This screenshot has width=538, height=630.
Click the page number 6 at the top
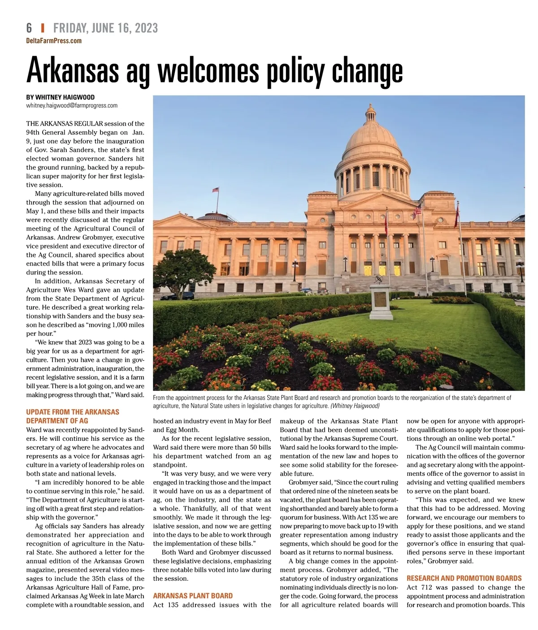click(x=29, y=28)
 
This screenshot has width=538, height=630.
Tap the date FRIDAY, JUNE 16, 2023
click(x=105, y=28)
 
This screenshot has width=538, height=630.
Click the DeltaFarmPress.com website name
click(x=54, y=41)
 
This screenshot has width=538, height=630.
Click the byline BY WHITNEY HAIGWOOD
click(x=60, y=97)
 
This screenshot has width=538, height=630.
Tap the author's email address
click(x=72, y=105)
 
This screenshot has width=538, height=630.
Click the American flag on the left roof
click(x=216, y=190)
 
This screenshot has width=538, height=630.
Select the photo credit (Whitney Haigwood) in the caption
click(x=355, y=406)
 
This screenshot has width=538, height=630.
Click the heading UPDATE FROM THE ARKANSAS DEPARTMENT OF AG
click(x=73, y=416)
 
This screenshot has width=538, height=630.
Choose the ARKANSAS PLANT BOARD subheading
click(x=193, y=595)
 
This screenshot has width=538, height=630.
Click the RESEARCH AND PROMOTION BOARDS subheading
click(x=464, y=578)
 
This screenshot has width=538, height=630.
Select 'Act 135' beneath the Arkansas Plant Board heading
click(x=166, y=605)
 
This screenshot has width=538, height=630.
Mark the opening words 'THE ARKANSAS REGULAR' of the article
click(x=65, y=123)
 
